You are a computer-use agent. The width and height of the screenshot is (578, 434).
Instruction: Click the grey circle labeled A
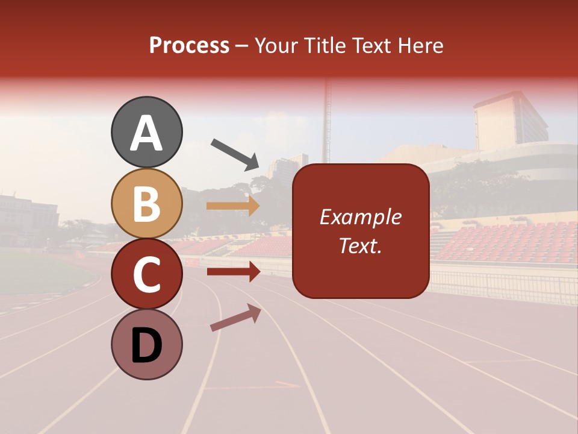pyautogui.click(x=146, y=132)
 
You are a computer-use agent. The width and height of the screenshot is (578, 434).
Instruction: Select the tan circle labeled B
pyautogui.click(x=146, y=203)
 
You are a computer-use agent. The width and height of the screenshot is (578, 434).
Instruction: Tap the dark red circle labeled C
pyautogui.click(x=146, y=274)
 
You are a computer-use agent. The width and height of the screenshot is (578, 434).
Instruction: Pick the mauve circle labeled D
pyautogui.click(x=146, y=344)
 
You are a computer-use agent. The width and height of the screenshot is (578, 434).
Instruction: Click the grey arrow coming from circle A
pyautogui.click(x=235, y=154)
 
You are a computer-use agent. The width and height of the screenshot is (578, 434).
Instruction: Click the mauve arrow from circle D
pyautogui.click(x=235, y=318)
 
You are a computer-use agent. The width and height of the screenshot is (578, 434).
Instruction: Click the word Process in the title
pyautogui.click(x=189, y=46)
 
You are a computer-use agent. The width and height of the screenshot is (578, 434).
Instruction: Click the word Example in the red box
pyautogui.click(x=361, y=217)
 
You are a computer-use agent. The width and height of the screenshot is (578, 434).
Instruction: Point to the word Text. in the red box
pyautogui.click(x=361, y=246)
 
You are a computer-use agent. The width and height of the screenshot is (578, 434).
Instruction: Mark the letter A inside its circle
pyautogui.click(x=146, y=133)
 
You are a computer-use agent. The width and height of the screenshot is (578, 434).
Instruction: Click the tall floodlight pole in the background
pyautogui.click(x=328, y=121)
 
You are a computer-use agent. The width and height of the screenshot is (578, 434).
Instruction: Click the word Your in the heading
pyautogui.click(x=275, y=46)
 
